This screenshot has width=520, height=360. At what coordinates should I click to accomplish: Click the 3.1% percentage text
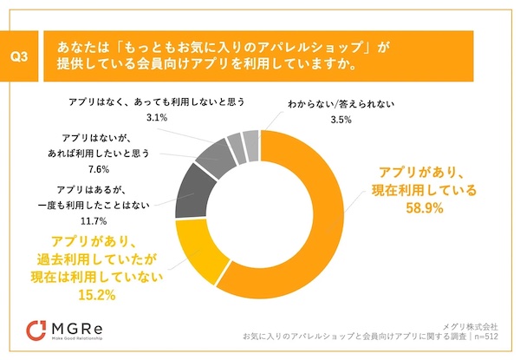[x=156, y=117]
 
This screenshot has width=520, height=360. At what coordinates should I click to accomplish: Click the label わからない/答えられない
[x=341, y=104]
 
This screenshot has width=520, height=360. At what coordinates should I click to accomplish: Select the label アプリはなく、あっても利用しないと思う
[x=156, y=101]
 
